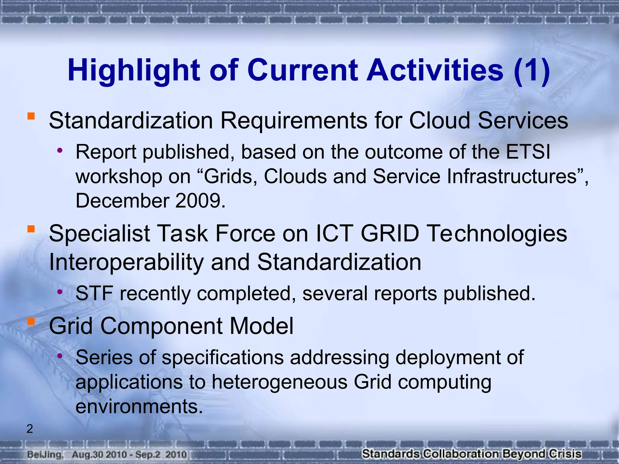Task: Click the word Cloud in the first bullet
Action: click(x=439, y=120)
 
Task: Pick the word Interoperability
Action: click(x=126, y=262)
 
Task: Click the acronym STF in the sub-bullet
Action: click(x=94, y=293)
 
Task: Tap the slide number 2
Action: click(x=30, y=429)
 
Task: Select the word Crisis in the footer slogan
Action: click(x=565, y=454)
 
